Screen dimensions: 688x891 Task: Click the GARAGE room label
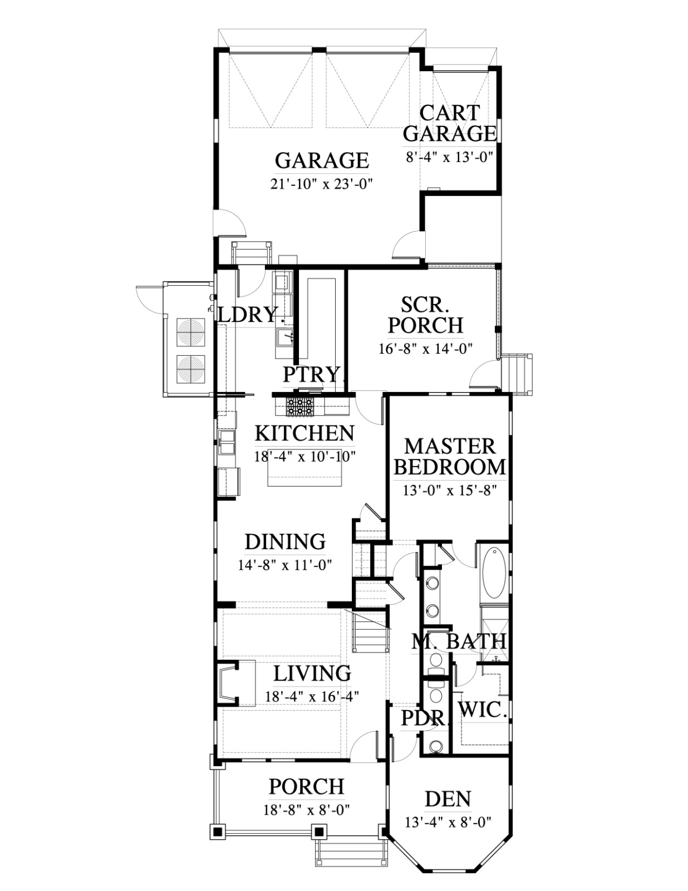point(322,160)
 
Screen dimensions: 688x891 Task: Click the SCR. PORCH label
point(426,315)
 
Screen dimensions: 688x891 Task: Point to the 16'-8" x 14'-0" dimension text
point(426,349)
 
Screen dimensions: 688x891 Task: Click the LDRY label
point(248,315)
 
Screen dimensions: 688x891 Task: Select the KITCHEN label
point(304,433)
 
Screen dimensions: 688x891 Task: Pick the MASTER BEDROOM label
point(450,457)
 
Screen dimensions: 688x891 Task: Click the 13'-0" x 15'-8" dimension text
point(450,491)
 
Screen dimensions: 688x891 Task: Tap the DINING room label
point(285,542)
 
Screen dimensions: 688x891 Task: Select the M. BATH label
point(459,642)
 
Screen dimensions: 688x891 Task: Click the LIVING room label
point(312,673)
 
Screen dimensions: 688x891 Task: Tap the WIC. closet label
point(482,709)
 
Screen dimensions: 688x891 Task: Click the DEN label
point(448,799)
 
